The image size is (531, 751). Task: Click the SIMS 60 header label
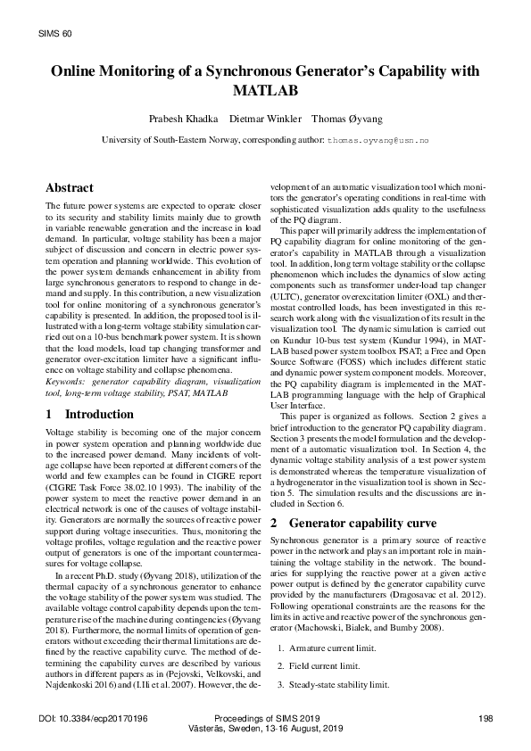[55, 33]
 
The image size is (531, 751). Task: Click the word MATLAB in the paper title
[265, 91]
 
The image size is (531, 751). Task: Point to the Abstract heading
[69, 188]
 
